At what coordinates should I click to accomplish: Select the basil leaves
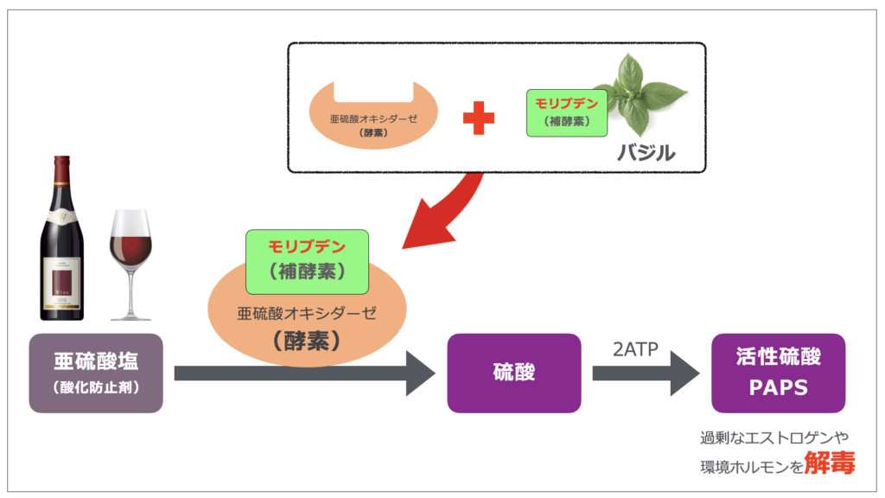[643, 93]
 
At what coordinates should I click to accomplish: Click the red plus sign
[479, 118]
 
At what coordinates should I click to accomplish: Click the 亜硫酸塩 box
[96, 373]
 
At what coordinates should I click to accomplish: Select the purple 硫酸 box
[514, 373]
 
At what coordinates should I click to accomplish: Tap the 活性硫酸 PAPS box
[779, 373]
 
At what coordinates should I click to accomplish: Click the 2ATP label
[635, 349]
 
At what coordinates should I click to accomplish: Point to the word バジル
[646, 152]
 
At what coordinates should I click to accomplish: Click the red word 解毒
[830, 463]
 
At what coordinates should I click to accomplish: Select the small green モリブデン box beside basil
[567, 113]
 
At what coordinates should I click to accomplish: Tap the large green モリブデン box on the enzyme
[307, 261]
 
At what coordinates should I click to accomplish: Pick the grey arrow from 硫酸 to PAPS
[646, 373]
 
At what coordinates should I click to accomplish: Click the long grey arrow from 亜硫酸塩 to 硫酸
[305, 373]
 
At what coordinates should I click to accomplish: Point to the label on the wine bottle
[62, 283]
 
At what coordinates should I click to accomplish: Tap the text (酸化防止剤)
[96, 387]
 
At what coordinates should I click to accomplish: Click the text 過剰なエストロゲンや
[774, 437]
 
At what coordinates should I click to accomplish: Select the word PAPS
[779, 388]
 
